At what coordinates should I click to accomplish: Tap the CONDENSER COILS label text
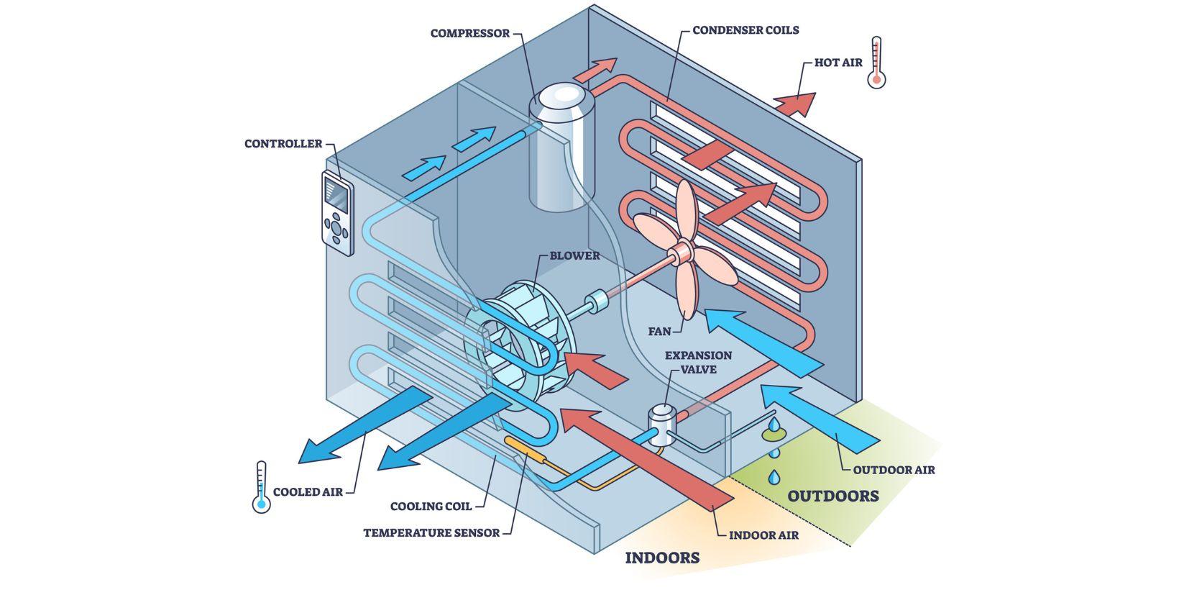click(x=746, y=30)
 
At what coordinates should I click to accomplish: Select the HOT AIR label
click(x=838, y=63)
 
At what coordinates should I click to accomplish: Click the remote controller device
click(x=336, y=214)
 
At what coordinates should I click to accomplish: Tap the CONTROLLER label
click(x=283, y=144)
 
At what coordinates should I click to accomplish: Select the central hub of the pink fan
click(x=679, y=253)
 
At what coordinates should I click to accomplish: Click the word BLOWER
click(x=574, y=255)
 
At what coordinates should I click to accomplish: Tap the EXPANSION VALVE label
click(x=698, y=362)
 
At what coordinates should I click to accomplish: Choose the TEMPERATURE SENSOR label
click(x=431, y=533)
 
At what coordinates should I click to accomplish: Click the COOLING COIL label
click(x=431, y=507)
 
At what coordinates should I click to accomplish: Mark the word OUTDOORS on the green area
click(x=832, y=496)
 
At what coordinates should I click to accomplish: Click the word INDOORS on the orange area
click(x=662, y=558)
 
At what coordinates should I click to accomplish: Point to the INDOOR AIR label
click(x=763, y=535)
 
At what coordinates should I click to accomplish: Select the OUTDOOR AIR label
click(x=894, y=470)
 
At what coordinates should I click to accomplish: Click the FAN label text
click(x=659, y=332)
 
